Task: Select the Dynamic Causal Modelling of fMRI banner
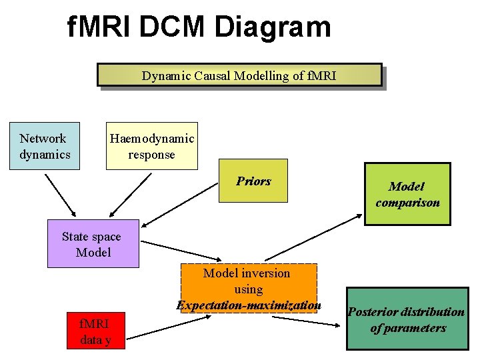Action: click(239, 75)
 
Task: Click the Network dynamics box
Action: click(45, 146)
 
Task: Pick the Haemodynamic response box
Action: click(152, 146)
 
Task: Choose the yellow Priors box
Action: click(253, 181)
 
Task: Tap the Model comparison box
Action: click(407, 194)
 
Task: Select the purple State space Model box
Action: click(93, 244)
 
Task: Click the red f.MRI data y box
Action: click(95, 331)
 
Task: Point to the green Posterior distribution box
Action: click(407, 319)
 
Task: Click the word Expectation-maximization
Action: click(249, 305)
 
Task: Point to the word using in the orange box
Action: click(248, 289)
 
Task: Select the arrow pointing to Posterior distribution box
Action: click(306, 320)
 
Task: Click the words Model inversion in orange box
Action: click(247, 273)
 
